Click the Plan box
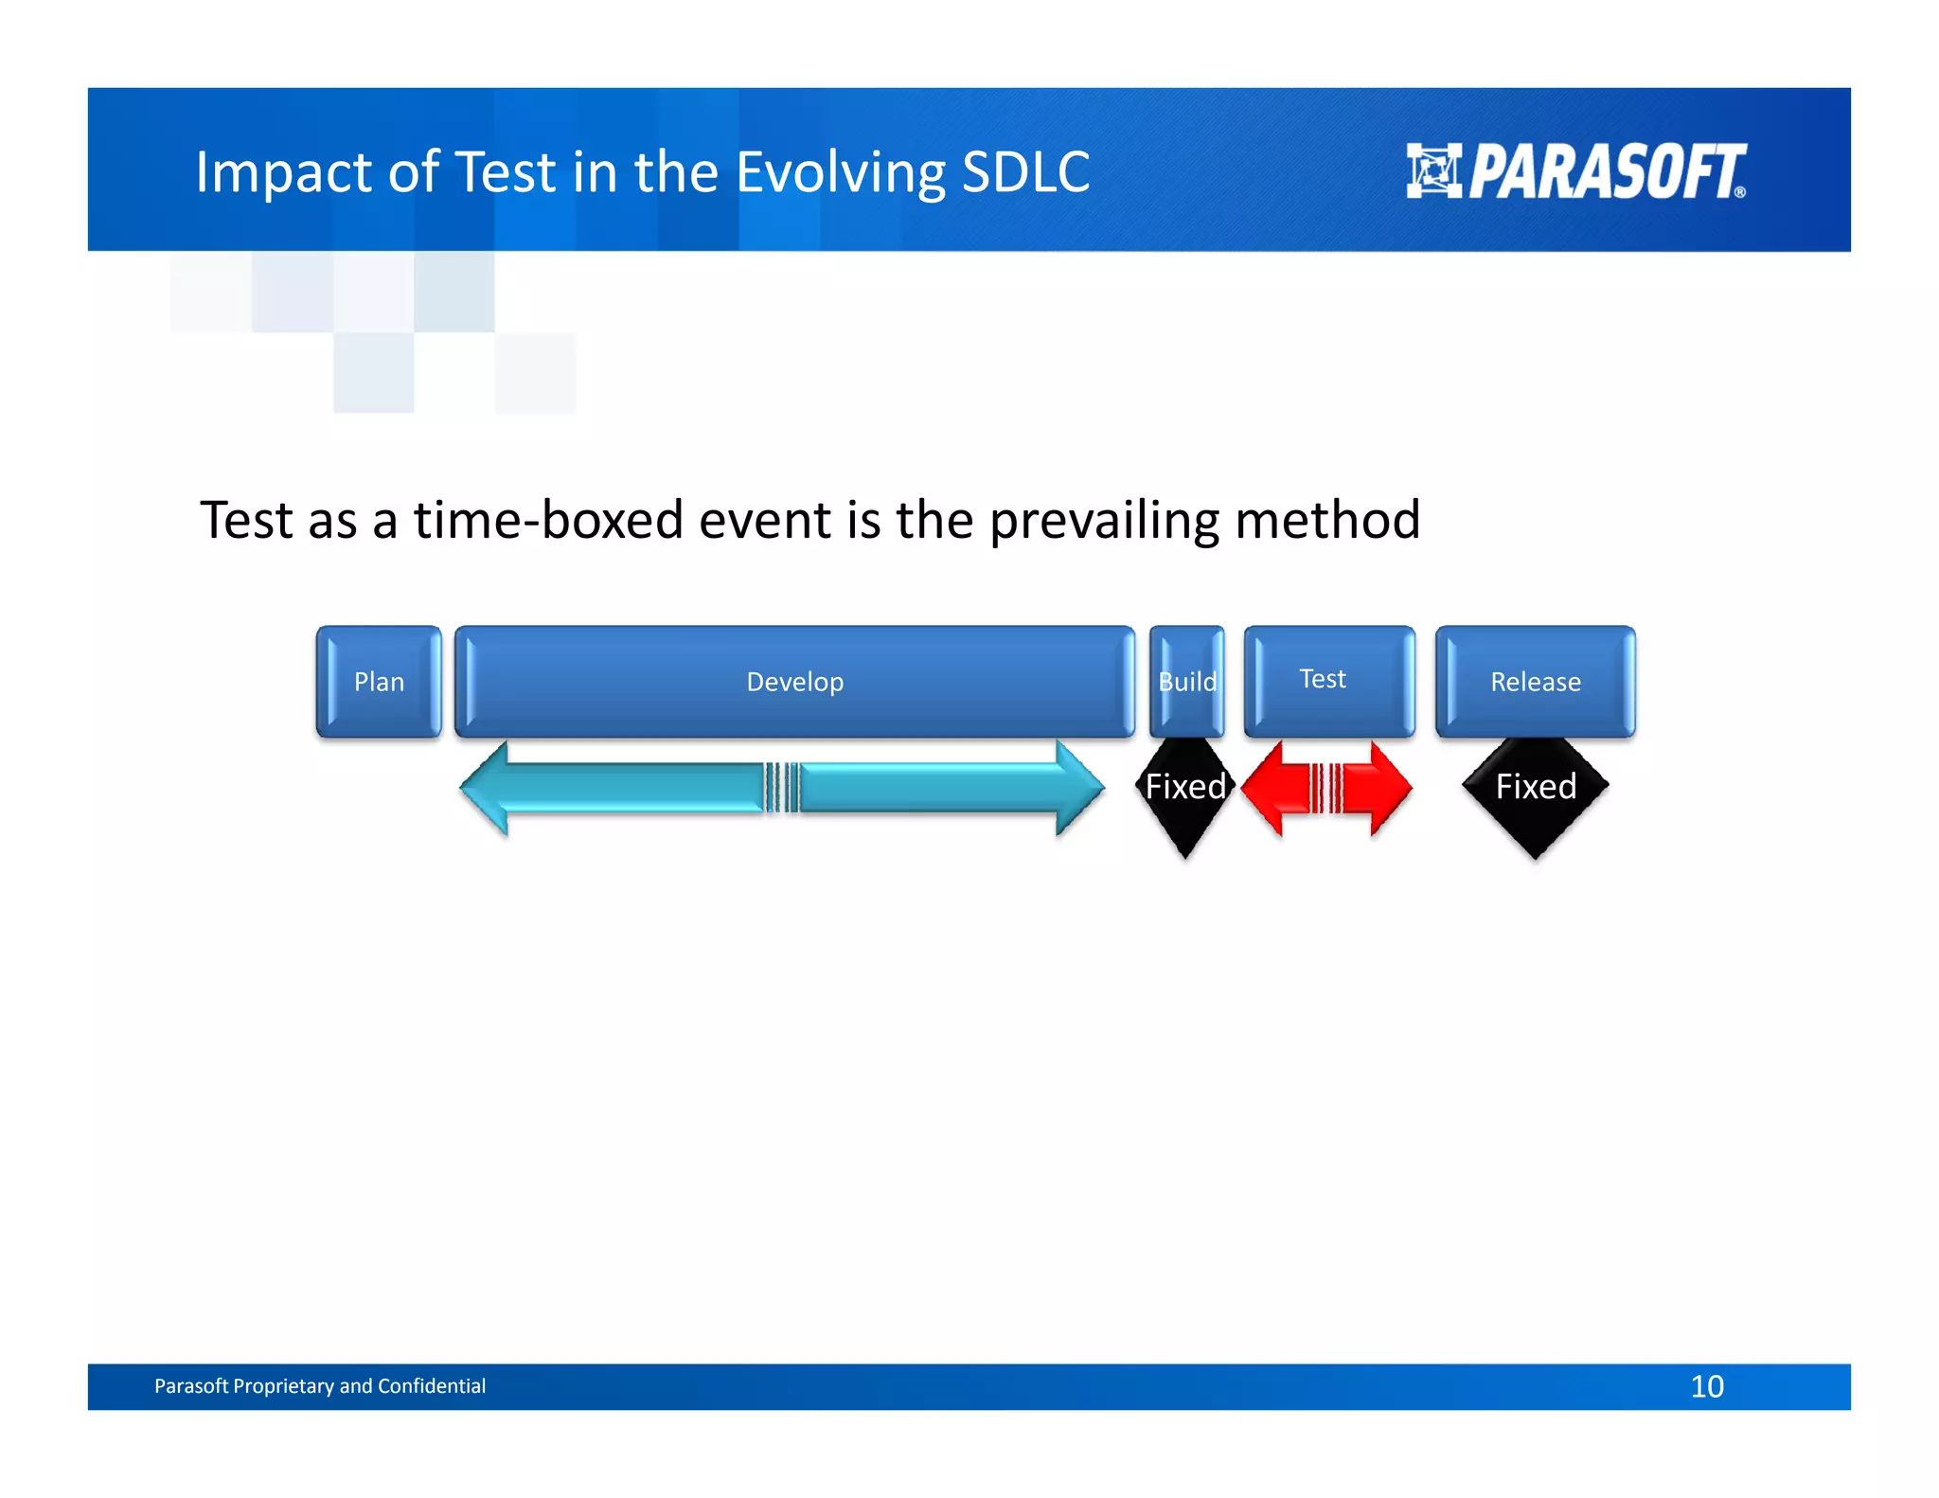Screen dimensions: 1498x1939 click(x=379, y=682)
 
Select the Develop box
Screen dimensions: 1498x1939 click(x=794, y=682)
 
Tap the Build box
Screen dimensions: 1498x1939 click(x=1187, y=682)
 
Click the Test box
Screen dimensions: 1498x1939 click(x=1328, y=681)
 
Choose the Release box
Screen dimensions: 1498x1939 click(x=1535, y=682)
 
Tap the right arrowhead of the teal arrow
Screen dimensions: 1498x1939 click(x=1079, y=788)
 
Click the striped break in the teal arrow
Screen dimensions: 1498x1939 click(x=782, y=788)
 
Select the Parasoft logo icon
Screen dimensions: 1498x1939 click(x=1433, y=171)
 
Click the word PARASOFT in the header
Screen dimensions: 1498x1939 click(x=1607, y=172)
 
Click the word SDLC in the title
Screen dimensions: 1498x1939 click(x=1025, y=172)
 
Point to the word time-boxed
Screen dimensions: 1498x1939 click(x=548, y=520)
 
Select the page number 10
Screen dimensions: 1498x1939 click(x=1706, y=1386)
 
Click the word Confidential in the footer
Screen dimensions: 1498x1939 click(x=431, y=1386)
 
